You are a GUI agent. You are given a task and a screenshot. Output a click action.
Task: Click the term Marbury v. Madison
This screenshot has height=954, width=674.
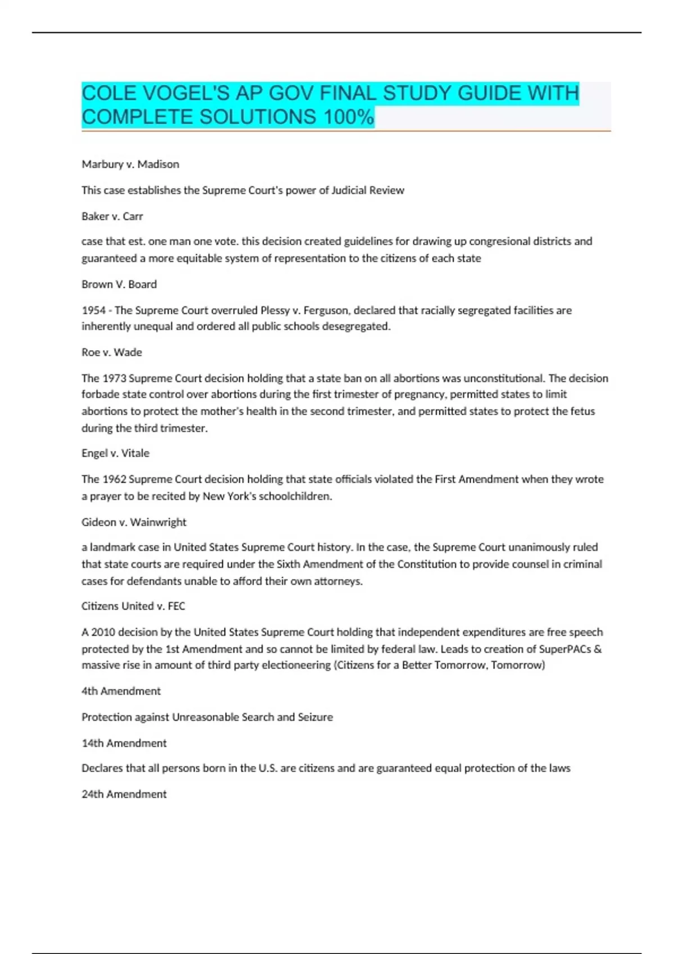point(130,164)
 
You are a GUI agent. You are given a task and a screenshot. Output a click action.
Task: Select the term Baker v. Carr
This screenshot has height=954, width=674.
point(112,216)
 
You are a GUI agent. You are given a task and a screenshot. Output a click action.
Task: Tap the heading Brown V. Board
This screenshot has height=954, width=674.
point(119,284)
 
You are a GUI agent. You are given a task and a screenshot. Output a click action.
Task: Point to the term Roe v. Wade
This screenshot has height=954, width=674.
point(112,352)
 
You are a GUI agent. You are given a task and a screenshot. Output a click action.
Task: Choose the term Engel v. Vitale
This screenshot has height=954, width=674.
point(115,453)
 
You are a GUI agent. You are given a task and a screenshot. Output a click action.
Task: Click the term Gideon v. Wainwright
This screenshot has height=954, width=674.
point(134,522)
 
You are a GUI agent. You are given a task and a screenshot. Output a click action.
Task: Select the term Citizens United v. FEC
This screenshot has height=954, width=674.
point(133,606)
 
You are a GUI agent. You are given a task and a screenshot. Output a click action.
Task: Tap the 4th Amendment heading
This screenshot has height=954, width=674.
point(121,691)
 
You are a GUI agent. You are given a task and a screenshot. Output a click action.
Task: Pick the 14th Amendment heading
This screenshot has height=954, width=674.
point(124,743)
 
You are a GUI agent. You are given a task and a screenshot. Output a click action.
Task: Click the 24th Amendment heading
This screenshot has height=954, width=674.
point(124,794)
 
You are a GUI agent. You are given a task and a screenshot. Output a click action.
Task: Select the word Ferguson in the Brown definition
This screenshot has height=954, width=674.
point(325,310)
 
